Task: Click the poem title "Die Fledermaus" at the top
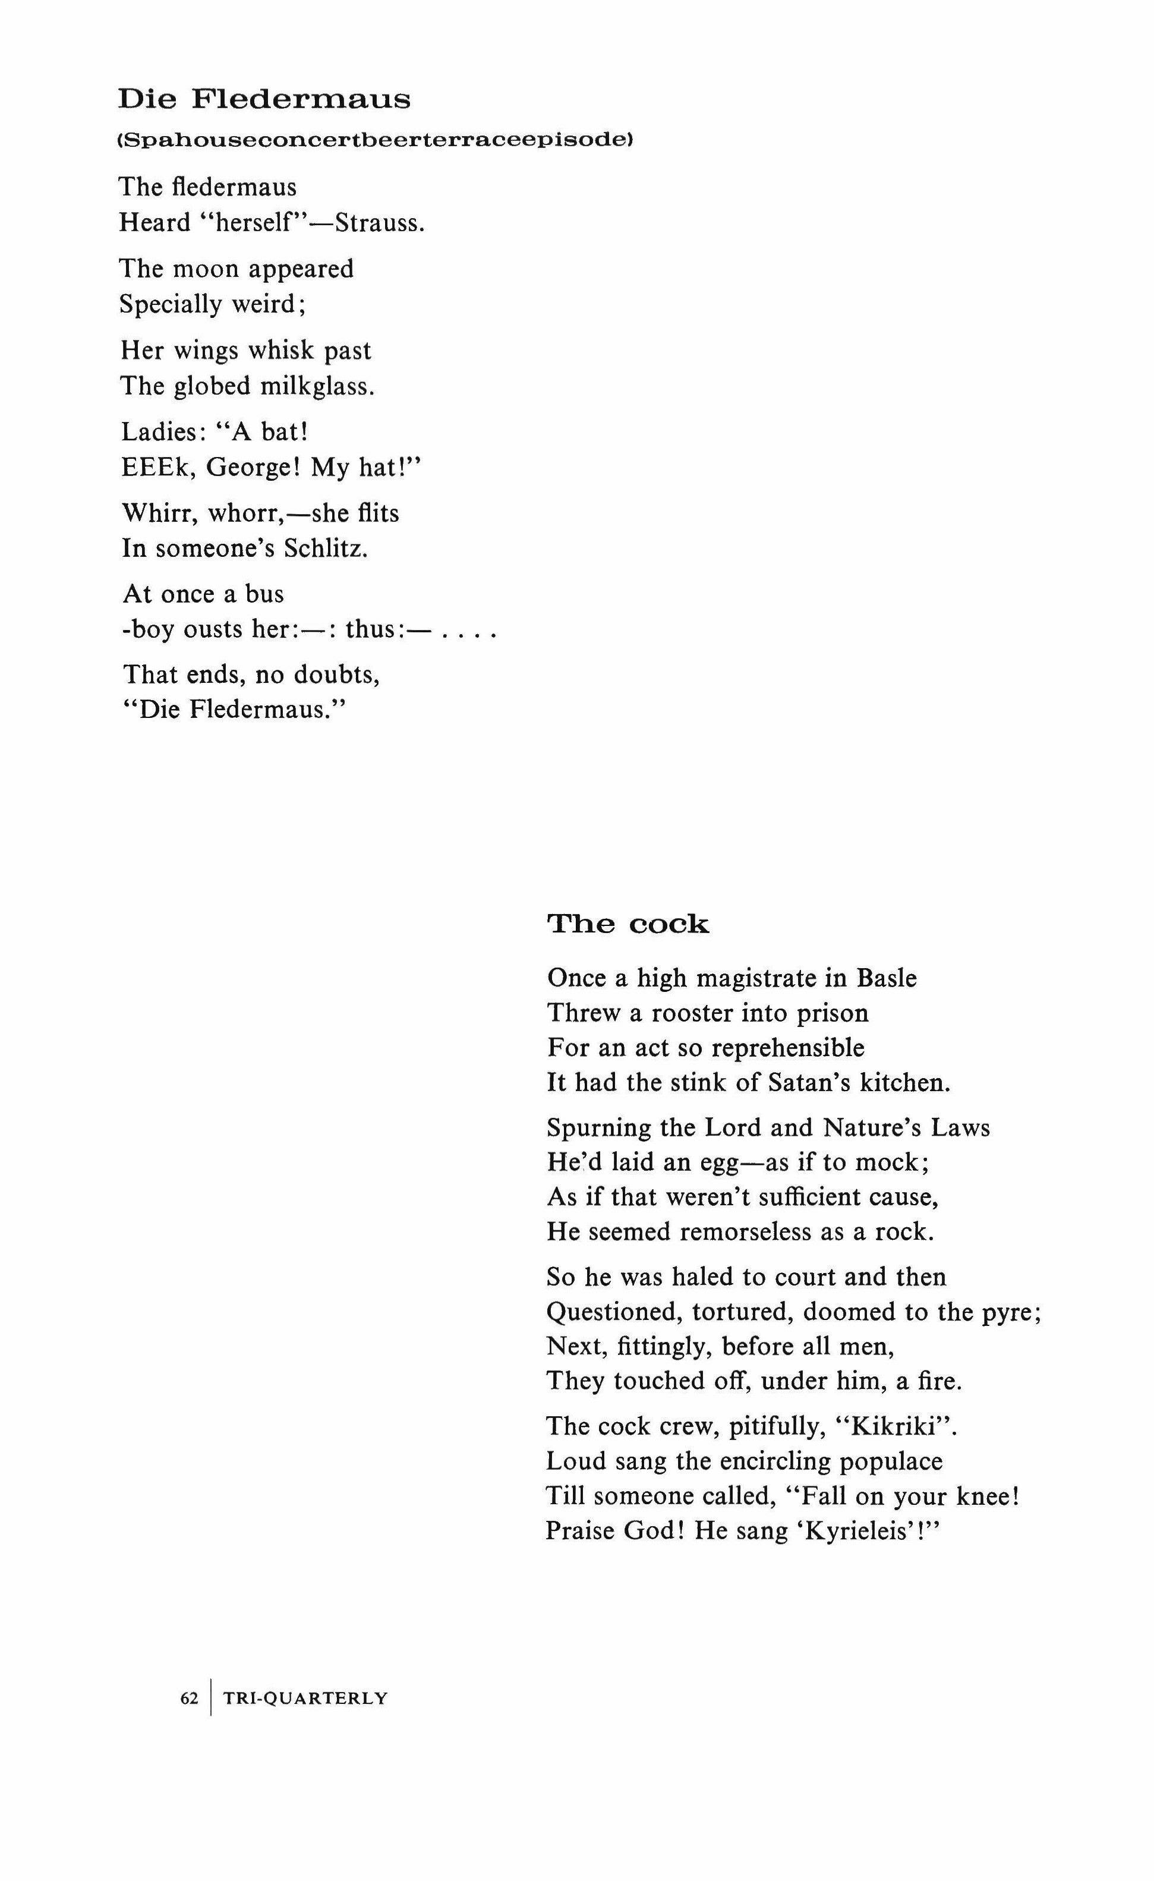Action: coord(264,99)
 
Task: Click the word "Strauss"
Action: coord(378,223)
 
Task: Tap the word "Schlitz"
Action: coord(324,549)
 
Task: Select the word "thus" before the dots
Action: coord(368,630)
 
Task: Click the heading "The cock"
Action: coord(628,925)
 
